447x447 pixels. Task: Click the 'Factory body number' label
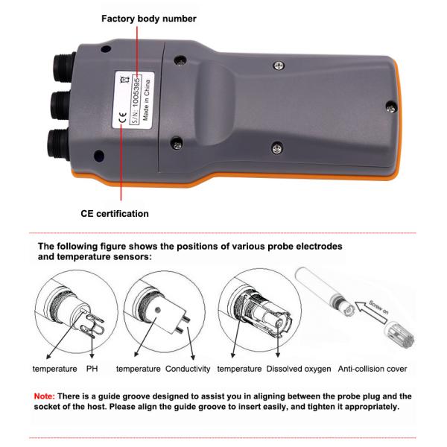click(149, 19)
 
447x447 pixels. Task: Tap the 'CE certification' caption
click(115, 214)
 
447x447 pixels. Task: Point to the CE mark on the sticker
click(123, 117)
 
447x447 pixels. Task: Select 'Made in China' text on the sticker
click(146, 100)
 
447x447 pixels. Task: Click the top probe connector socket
click(64, 68)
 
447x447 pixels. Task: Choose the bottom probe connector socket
click(58, 144)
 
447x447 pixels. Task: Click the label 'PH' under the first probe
click(92, 369)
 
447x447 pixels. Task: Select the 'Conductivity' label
click(188, 369)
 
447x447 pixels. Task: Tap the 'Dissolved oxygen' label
click(299, 369)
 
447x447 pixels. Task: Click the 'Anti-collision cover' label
click(372, 369)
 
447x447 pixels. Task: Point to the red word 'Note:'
click(44, 396)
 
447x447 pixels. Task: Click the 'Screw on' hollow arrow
click(371, 311)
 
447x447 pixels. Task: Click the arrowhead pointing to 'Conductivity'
click(193, 357)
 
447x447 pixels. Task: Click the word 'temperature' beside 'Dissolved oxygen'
click(239, 369)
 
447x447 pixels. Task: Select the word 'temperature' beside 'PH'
click(54, 369)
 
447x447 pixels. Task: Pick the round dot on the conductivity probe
click(158, 310)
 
